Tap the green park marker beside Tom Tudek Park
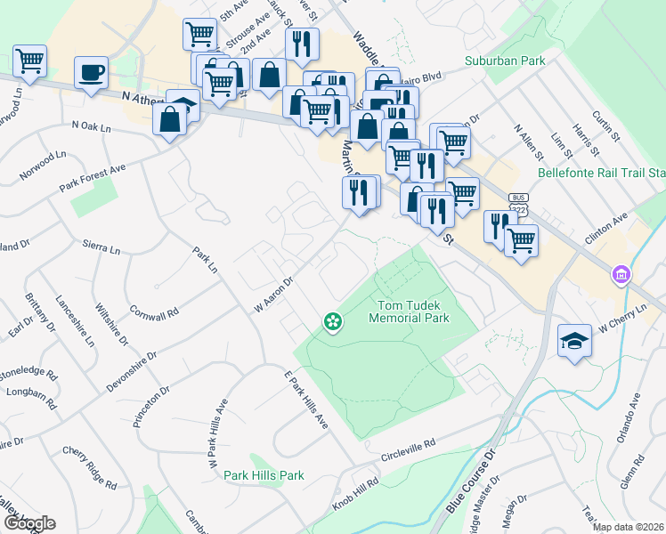[333, 320]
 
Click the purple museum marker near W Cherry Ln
[621, 275]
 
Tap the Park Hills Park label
[264, 475]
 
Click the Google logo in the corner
[28, 523]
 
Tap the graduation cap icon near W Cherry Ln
[574, 340]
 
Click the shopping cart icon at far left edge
[29, 61]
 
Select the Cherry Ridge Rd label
[89, 468]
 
